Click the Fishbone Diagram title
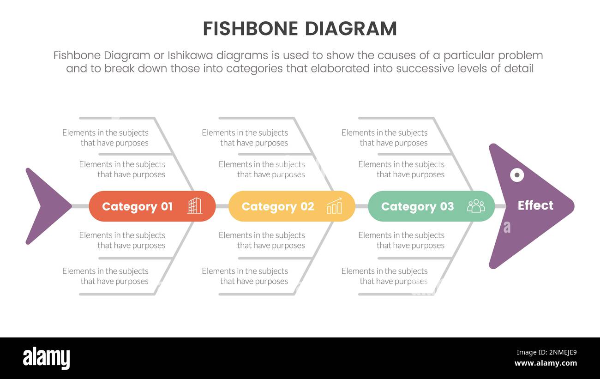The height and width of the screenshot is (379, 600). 300,29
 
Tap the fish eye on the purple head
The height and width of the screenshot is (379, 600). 517,175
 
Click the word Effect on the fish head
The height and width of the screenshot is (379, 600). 535,205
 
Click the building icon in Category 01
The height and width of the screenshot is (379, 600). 195,206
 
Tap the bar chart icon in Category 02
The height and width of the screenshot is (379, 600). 334,206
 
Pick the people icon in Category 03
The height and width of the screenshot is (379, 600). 476,206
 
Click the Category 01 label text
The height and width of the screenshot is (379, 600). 137,206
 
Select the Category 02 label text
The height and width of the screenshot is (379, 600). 277,206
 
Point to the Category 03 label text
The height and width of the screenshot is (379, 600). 417,206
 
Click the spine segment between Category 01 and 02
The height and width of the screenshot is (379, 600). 222,206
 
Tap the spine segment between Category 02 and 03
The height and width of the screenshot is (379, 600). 361,206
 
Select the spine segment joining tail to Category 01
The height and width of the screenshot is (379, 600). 80,206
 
